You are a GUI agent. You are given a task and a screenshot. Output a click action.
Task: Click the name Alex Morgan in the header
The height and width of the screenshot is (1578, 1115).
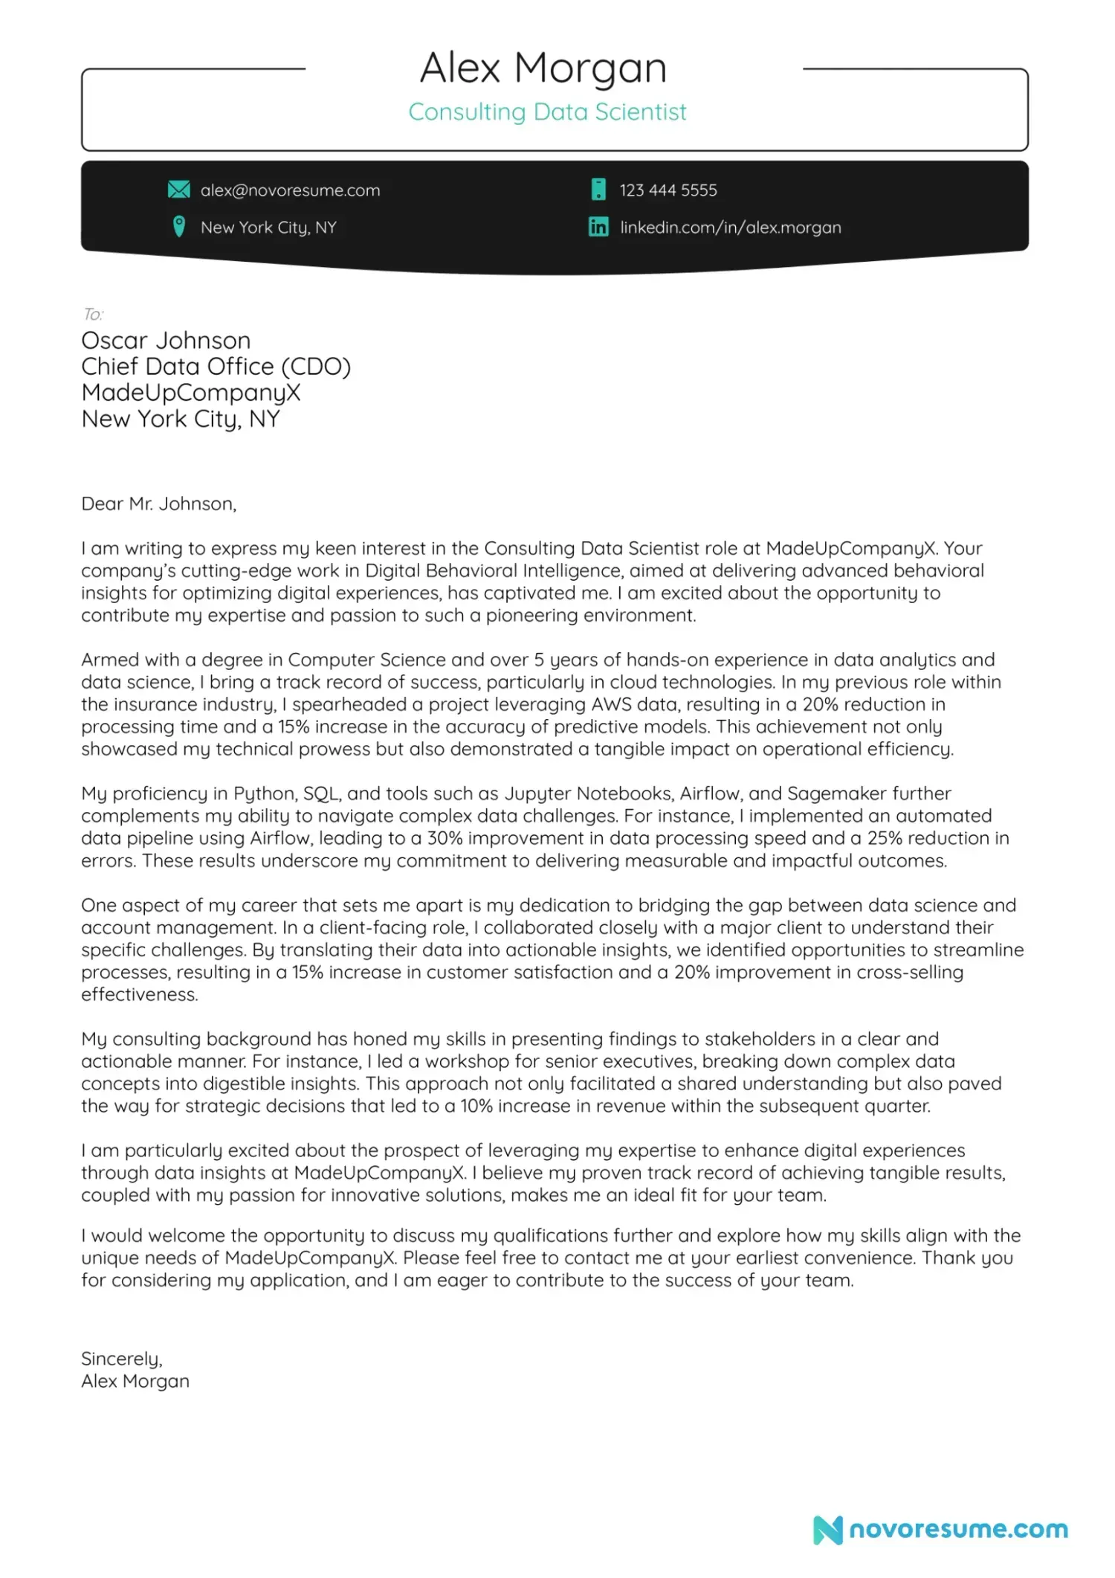(x=543, y=68)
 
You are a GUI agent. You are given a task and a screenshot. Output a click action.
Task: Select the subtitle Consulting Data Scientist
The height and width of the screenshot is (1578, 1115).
(x=547, y=112)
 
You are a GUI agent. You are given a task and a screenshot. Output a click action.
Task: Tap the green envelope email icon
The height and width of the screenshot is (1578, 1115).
(x=178, y=190)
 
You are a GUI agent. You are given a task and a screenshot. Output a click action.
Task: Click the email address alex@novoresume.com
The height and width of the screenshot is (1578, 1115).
(x=290, y=190)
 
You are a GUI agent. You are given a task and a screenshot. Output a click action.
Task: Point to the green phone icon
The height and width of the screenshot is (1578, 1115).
(x=598, y=190)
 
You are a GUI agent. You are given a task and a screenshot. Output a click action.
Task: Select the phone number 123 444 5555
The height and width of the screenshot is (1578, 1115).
(x=668, y=190)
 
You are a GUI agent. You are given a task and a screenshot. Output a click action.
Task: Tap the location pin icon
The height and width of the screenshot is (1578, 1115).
(x=178, y=226)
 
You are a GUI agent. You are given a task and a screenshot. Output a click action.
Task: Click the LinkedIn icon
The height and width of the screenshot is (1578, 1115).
(x=598, y=227)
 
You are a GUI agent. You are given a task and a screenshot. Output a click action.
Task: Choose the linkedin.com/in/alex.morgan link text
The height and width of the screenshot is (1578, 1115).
(x=730, y=228)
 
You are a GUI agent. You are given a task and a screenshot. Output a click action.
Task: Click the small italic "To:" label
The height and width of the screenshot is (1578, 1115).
(x=93, y=314)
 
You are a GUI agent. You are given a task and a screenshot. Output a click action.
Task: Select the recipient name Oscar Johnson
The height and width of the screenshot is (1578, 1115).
(x=166, y=341)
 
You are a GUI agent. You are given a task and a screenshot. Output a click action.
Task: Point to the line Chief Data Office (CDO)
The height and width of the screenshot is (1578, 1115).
(x=216, y=367)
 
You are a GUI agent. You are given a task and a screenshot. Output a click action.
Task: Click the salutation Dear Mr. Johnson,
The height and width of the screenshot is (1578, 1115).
(x=158, y=504)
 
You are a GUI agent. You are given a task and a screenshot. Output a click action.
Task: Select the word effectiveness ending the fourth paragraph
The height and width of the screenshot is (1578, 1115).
(x=140, y=994)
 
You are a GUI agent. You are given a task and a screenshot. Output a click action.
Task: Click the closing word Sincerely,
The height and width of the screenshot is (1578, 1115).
(x=122, y=1359)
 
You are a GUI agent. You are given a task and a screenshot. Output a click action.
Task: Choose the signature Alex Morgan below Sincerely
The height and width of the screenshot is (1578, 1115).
(x=135, y=1381)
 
